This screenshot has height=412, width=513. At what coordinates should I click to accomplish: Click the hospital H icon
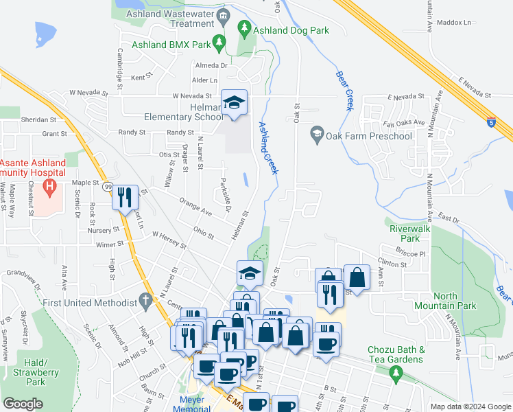pos(49,186)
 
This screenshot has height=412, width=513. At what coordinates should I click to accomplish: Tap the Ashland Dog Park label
pos(291,30)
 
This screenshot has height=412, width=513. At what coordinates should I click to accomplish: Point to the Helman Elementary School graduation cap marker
pos(234,102)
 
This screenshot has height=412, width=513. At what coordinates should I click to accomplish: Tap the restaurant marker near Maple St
pos(124,197)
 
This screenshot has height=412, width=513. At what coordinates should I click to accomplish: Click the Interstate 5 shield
pos(492,123)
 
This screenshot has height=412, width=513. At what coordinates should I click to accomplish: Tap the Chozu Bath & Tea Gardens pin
pos(395,373)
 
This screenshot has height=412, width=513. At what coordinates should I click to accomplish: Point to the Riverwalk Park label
pos(405,233)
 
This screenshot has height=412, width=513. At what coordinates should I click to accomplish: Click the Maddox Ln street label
pos(458,23)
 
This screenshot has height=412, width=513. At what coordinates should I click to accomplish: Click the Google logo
pos(23,404)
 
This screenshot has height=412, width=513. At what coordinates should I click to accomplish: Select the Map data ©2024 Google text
pos(470,407)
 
